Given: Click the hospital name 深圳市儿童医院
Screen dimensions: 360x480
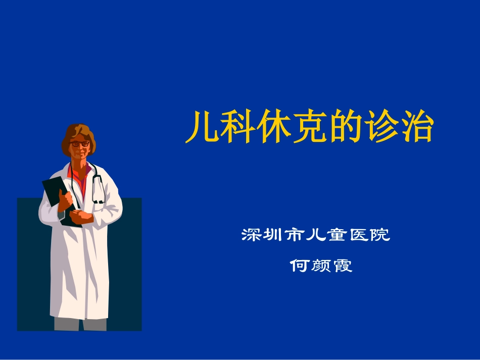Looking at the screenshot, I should click(x=316, y=235).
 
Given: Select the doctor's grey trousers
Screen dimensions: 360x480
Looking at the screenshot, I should click(x=81, y=324).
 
